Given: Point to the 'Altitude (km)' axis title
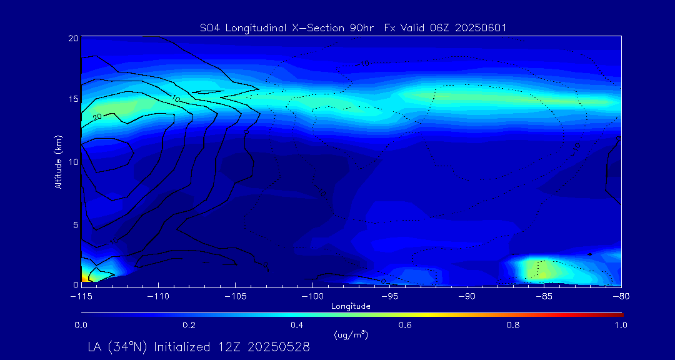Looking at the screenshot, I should (x=58, y=161).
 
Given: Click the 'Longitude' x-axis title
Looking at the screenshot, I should (x=351, y=306).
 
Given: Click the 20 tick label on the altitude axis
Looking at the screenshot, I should (x=72, y=38).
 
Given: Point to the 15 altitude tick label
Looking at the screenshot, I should (x=72, y=100).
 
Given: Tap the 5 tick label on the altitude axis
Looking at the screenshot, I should (x=75, y=224).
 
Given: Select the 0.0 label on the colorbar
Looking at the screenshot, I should (x=81, y=325).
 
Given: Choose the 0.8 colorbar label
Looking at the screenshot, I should (x=513, y=325).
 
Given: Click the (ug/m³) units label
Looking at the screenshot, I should (x=351, y=336).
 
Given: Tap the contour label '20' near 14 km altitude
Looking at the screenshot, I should (x=97, y=117).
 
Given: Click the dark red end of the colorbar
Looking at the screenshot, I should (x=619, y=313).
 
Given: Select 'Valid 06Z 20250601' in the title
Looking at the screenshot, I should (x=462, y=27).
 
